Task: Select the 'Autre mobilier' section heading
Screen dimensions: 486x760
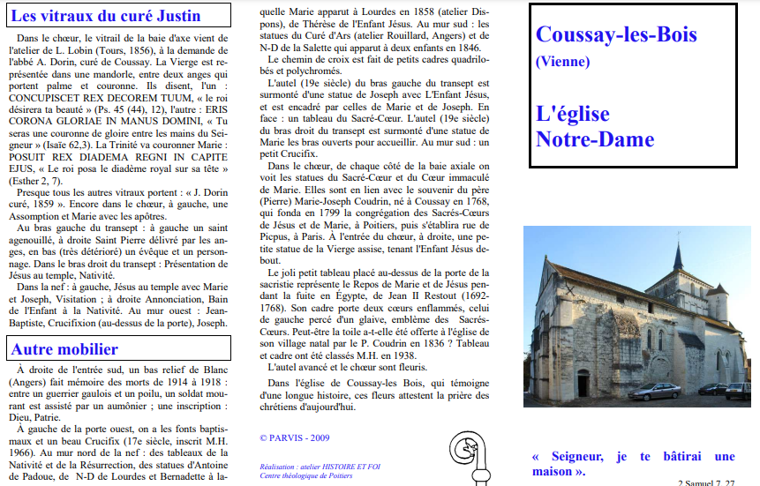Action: click(x=64, y=349)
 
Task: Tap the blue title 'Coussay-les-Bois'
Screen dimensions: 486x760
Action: click(x=616, y=35)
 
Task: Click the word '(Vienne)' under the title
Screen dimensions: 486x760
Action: click(x=562, y=62)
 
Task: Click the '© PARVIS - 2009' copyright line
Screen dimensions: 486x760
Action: click(x=295, y=437)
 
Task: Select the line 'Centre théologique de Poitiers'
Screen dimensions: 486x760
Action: click(x=306, y=475)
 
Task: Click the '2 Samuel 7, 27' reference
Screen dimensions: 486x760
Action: click(x=706, y=482)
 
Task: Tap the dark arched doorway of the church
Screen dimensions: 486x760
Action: click(x=583, y=384)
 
